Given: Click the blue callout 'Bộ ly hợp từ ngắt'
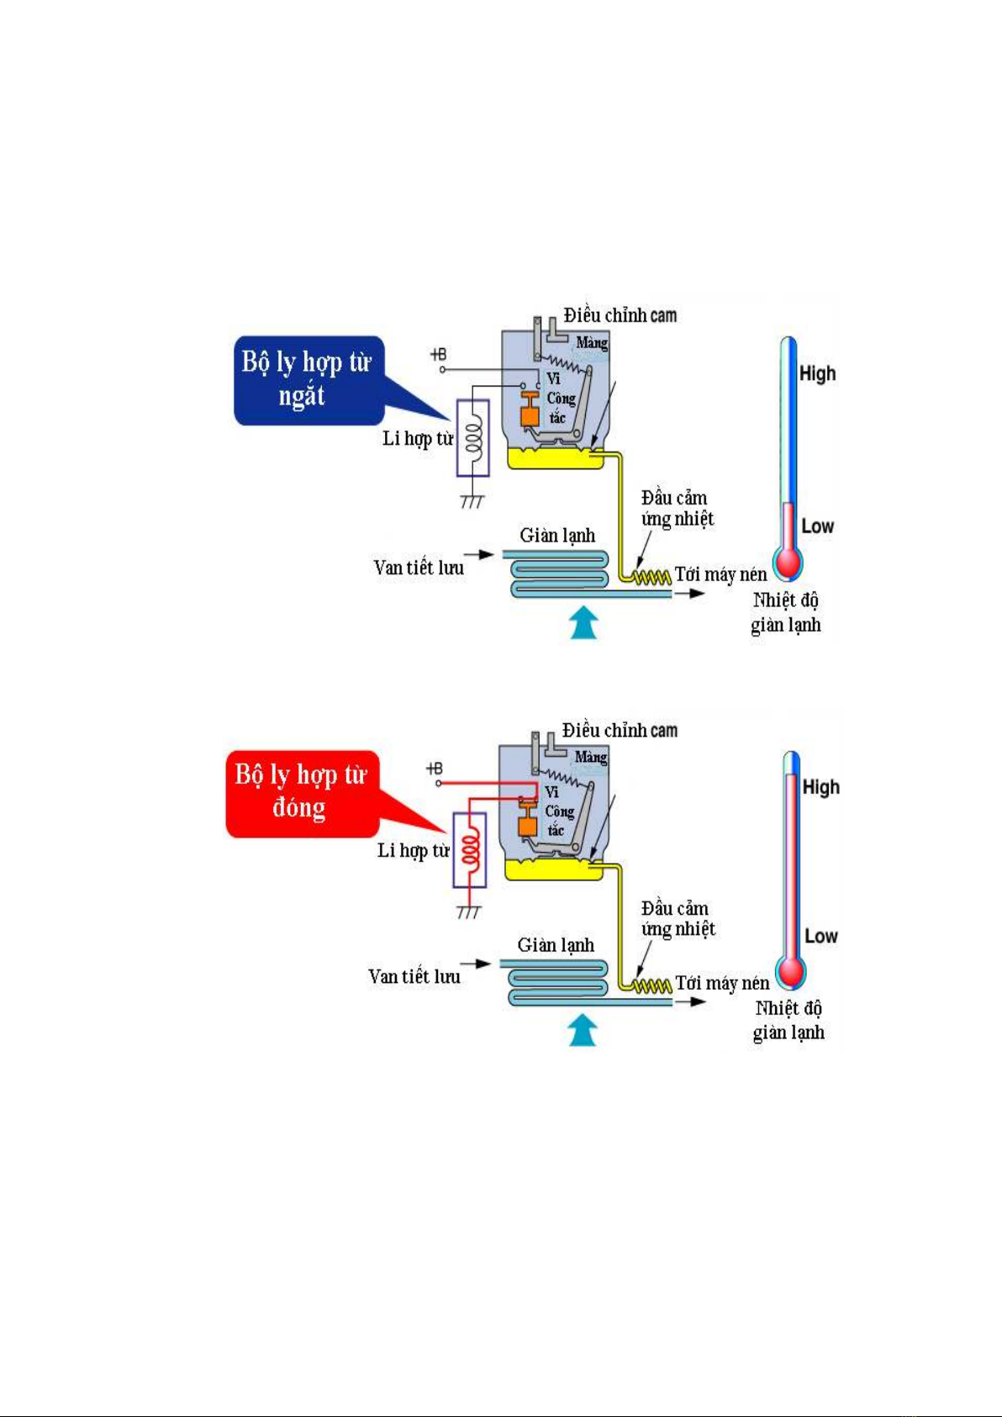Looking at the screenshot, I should [308, 380].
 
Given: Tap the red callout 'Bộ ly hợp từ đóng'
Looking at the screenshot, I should [301, 792].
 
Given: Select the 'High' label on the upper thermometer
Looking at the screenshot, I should [817, 373].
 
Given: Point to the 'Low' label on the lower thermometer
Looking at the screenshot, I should [821, 936].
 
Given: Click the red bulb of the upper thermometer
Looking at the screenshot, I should [788, 563].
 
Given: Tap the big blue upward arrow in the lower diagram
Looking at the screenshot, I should [583, 1030].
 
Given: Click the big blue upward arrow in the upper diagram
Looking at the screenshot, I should [583, 622].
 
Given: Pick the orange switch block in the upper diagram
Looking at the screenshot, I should [530, 414].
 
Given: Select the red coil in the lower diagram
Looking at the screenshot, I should [472, 849].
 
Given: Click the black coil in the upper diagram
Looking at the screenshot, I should [474, 437].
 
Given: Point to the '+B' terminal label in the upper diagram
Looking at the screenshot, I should [438, 355].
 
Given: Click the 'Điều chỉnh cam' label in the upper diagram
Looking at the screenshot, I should [620, 315].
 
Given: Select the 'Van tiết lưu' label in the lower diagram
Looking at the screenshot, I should [414, 976].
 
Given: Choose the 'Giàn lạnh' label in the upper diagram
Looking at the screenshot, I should [557, 536].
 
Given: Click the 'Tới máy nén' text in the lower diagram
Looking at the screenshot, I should [722, 983].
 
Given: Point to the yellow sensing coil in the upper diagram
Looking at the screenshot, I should [651, 577].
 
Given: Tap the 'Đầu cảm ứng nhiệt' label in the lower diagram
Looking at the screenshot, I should [678, 918].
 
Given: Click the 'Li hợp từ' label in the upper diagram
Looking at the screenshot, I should [418, 438].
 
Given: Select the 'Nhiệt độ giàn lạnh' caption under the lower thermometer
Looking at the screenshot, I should [788, 1020].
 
